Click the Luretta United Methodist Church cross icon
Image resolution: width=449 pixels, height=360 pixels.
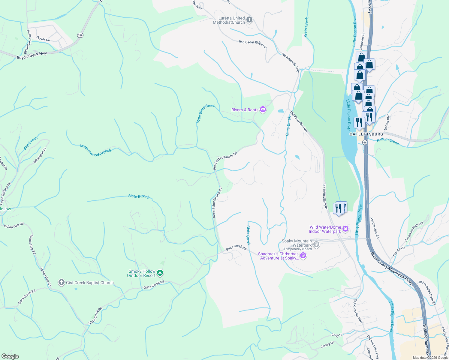249,20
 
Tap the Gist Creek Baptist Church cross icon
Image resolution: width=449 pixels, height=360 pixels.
62,282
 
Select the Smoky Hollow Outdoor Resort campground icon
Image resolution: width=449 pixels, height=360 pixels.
160,273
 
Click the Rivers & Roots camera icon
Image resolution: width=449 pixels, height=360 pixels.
263,109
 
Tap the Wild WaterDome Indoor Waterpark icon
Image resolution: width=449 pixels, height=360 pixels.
345,229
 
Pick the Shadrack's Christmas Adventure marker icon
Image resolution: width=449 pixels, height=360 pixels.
303,256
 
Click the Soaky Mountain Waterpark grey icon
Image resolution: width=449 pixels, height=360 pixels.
316,244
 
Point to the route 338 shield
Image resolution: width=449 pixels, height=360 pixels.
80,35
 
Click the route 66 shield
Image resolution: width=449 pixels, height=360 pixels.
365,142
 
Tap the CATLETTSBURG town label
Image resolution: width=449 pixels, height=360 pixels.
366,134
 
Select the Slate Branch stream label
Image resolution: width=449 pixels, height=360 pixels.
139,196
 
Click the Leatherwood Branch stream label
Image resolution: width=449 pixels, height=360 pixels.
95,150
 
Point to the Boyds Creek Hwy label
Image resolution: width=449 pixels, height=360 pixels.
32,55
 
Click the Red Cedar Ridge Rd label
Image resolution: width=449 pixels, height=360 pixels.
252,44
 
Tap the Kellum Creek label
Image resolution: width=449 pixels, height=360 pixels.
388,141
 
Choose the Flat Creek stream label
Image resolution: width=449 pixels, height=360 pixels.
31,143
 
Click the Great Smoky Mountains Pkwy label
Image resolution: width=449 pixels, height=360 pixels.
391,268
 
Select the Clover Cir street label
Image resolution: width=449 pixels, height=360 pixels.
43,39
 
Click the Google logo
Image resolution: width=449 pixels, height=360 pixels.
10,356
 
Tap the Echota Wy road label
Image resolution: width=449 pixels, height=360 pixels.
399,250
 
